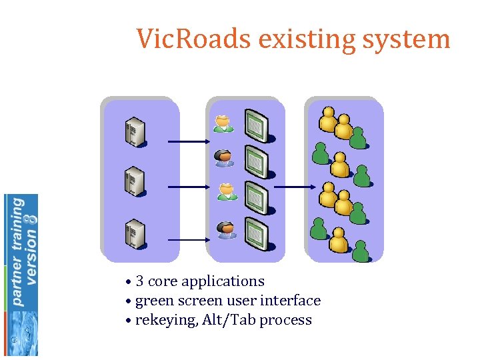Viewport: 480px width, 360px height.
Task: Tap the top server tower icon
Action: (x=133, y=132)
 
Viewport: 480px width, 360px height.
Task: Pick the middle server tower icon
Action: (x=133, y=180)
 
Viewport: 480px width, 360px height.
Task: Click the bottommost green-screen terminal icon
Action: (x=257, y=233)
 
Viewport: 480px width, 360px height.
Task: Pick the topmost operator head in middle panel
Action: (x=224, y=123)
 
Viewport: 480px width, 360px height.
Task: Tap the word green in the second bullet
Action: (x=152, y=301)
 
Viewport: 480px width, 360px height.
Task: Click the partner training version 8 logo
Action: (x=21, y=273)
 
